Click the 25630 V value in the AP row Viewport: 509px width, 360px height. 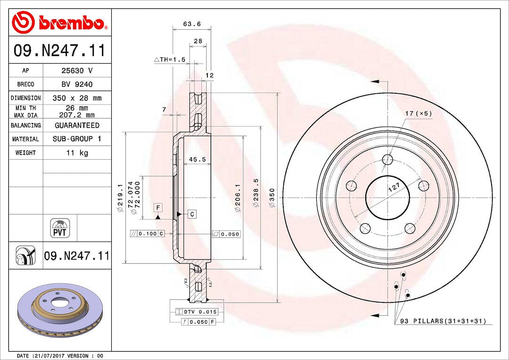coord(77,70)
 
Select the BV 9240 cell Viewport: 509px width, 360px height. coord(77,84)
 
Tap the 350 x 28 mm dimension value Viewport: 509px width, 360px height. coord(77,98)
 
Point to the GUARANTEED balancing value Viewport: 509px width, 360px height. coord(77,125)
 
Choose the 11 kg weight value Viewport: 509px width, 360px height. coord(77,153)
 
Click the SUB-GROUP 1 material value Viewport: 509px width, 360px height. coord(77,139)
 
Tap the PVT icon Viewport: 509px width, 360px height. coord(60,228)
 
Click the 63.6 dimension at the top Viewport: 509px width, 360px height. coord(192,24)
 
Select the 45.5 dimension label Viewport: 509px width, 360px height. coord(197,159)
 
